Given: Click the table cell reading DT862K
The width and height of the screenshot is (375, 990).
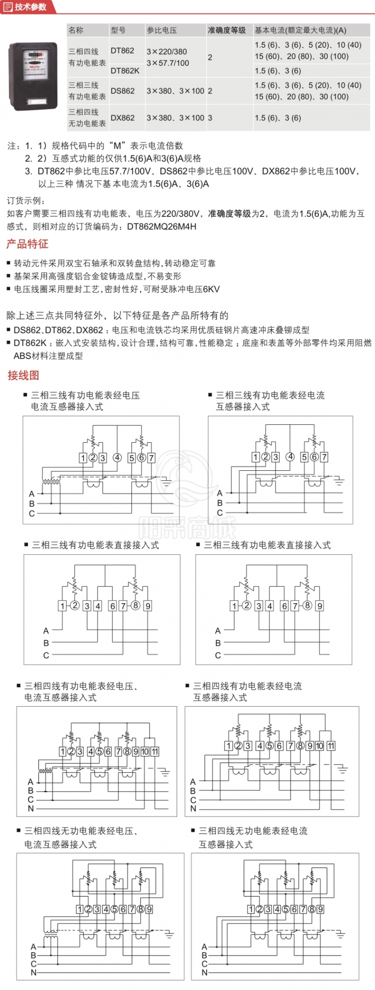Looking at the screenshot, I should pos(125,70).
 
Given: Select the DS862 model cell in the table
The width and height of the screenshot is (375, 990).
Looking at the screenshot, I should pos(122,91).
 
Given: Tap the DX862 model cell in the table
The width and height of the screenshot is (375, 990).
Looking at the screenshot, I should pos(122,118).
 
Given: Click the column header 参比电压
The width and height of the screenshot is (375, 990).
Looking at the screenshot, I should pos(161,30).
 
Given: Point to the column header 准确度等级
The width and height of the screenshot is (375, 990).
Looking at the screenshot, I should pos(226,30).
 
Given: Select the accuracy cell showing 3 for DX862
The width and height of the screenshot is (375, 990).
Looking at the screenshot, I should pos(210,118).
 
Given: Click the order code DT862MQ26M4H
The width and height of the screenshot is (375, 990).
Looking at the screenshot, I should pos(161,226).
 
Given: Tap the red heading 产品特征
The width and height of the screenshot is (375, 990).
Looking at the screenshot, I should pos(27,244).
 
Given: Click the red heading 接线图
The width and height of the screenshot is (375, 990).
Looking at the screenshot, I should pos(23,375).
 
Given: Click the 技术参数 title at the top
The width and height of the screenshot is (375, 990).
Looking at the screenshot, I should pos(30,7).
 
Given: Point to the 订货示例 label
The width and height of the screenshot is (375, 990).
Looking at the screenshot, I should pos(25,201).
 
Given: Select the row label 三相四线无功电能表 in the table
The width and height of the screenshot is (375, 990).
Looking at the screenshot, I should pos(87,118).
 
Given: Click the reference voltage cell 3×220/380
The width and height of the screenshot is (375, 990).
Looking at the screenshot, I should pos(167,51).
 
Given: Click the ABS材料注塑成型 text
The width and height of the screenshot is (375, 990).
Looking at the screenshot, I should pos(48,356).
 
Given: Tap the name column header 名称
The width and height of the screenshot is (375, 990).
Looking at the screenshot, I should pos(76,30).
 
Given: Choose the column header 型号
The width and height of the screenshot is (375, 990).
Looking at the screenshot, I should pos(118,30).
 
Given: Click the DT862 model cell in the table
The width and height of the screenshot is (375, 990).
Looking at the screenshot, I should pos(122,50).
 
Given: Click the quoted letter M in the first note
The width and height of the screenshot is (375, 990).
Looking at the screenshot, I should pos(118,146).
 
